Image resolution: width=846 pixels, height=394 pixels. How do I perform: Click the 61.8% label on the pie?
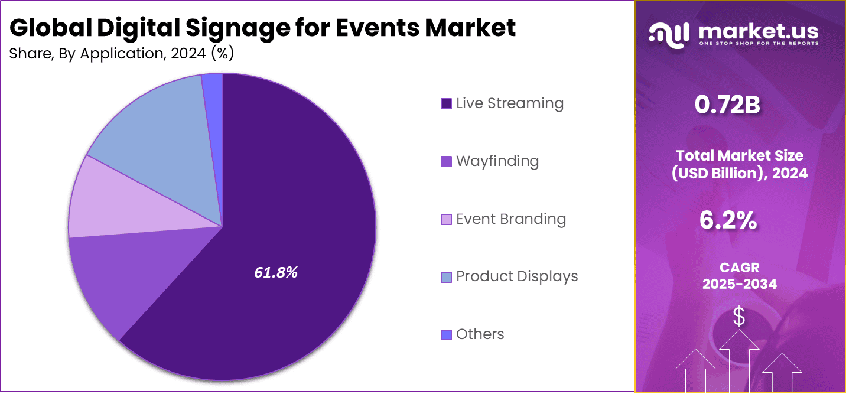pos(276,272)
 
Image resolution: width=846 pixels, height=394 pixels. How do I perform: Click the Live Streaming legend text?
pos(509,103)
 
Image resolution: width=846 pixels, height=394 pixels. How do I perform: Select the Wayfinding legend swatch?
pos(447,161)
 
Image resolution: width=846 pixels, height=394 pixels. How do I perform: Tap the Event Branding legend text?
pos(511,219)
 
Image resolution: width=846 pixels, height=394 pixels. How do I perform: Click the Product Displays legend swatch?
pos(447,276)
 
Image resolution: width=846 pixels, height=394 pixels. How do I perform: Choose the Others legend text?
pos(480,334)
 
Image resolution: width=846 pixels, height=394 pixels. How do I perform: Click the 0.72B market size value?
pos(727,105)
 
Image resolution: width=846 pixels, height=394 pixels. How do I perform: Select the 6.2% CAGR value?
pos(728,220)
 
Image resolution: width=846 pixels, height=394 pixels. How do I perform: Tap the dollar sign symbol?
pos(739,317)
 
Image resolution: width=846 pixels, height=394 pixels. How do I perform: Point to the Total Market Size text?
pos(740,156)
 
